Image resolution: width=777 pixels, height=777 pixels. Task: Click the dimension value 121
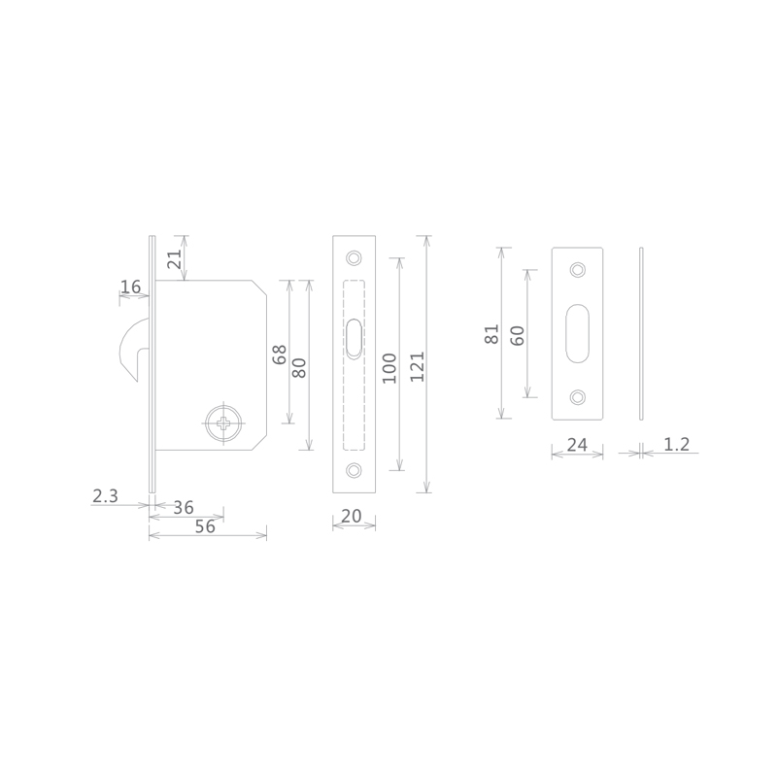click(418, 366)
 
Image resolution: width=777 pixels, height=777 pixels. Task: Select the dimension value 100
click(389, 368)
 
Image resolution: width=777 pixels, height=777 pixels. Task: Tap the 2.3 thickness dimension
click(105, 495)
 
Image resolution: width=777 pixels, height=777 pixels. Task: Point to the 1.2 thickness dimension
click(676, 444)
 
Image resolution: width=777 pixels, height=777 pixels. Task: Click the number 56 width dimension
click(205, 526)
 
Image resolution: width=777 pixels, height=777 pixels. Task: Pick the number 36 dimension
click(184, 507)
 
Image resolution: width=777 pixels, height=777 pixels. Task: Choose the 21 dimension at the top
click(175, 258)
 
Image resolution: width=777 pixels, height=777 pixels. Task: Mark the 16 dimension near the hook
click(131, 287)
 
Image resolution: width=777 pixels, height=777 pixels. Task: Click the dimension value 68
click(280, 355)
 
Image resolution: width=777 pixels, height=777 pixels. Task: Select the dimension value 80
click(299, 368)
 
